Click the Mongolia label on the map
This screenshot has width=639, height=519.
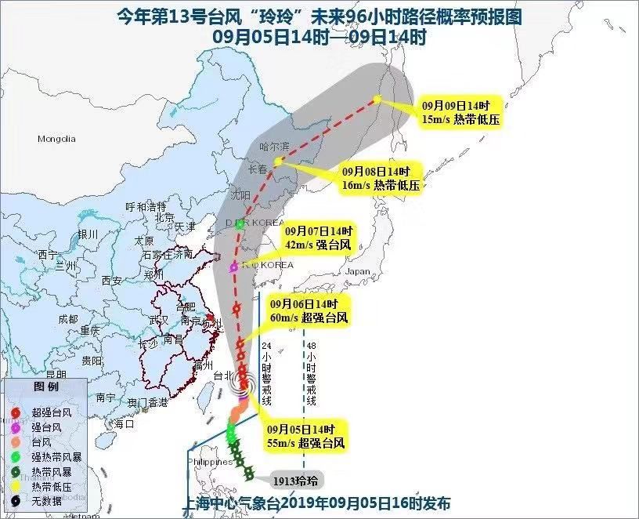click(x=56, y=139)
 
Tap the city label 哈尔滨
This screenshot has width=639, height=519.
click(x=274, y=147)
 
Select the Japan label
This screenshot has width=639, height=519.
click(x=358, y=272)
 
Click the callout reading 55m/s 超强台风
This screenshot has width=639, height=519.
click(x=305, y=437)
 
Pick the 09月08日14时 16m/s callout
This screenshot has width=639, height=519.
click(x=381, y=178)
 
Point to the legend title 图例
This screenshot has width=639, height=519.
click(x=45, y=387)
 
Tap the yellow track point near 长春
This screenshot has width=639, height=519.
click(x=277, y=161)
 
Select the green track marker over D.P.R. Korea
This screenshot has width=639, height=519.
click(x=240, y=223)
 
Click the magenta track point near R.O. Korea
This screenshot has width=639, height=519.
click(x=233, y=268)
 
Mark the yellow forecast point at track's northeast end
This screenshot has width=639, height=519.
click(x=377, y=99)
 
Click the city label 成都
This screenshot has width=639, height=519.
click(x=68, y=319)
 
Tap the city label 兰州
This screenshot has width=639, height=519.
click(x=66, y=267)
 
